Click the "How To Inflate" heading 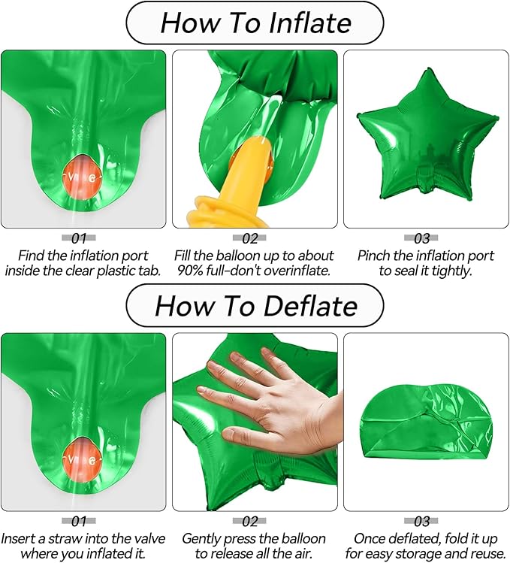coord(255,23)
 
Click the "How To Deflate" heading coord(256,306)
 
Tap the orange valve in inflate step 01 coord(83,177)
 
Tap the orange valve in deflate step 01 coord(83,459)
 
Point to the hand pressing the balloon coord(273,398)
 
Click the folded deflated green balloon coord(427,422)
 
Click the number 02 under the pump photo coord(250,238)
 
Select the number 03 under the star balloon coord(421,238)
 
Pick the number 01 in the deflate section coord(79,521)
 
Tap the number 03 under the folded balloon coord(421,521)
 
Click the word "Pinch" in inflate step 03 coord(373,256)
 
